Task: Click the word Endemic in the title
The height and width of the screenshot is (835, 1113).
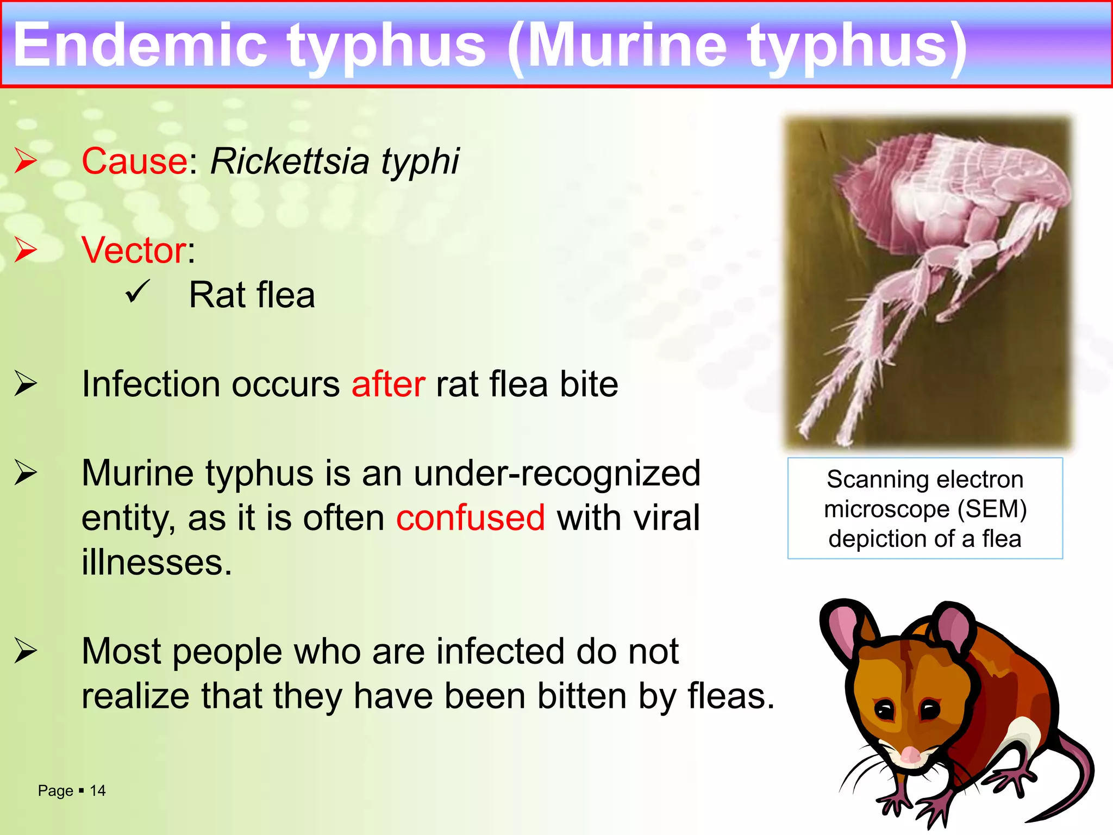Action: coord(140,46)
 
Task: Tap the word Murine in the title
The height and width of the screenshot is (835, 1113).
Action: coord(628,46)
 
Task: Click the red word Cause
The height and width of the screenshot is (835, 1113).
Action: coord(134,161)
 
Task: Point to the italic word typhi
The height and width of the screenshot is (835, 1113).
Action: coord(420,163)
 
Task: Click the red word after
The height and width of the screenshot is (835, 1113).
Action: coord(388,384)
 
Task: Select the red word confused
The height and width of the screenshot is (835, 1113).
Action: coord(470,518)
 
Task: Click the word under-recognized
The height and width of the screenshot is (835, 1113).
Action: coord(557,473)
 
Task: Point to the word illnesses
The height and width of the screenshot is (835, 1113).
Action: coord(157,562)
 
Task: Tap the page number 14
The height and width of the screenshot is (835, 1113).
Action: coord(98,790)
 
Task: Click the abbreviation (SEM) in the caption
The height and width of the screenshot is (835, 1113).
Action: coord(992,509)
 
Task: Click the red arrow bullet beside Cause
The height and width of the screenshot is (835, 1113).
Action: coord(26,160)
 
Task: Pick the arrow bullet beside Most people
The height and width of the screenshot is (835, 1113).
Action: coord(26,651)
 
